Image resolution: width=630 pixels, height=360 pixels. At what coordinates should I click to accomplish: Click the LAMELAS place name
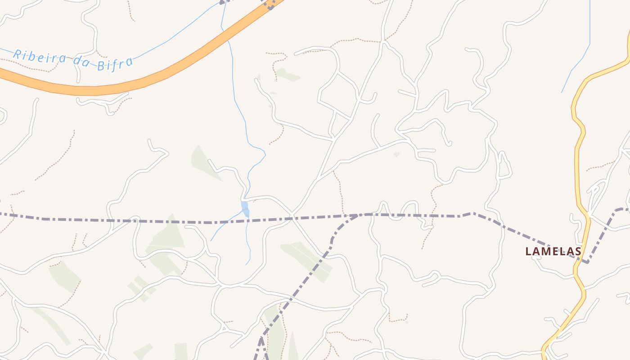(553, 251)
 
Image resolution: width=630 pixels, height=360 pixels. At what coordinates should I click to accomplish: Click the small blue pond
(245, 209)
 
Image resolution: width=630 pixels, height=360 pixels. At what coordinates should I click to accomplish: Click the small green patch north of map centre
(287, 75)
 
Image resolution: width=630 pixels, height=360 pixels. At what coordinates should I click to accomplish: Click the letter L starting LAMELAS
(529, 251)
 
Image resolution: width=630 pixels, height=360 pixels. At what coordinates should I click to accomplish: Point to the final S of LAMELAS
(578, 251)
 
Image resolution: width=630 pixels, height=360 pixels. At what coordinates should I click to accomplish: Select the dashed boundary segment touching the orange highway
(270, 4)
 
